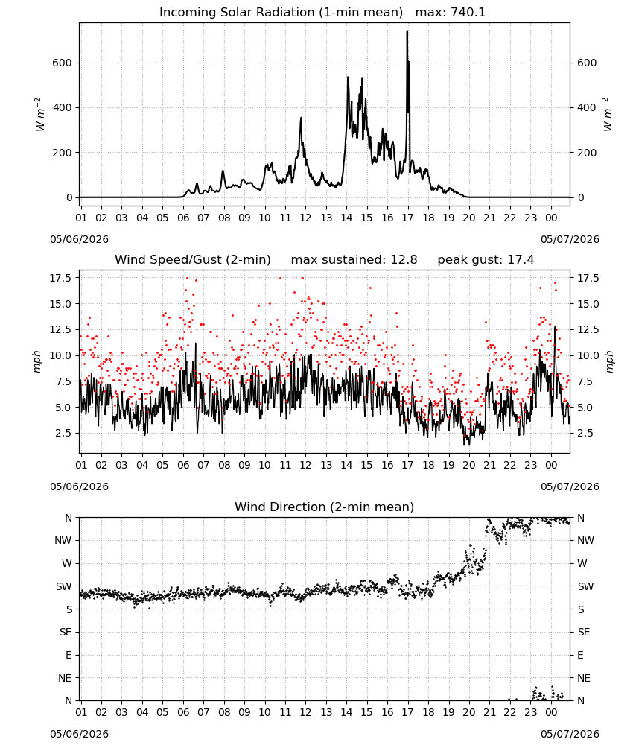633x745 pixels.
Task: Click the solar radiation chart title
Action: coord(322,13)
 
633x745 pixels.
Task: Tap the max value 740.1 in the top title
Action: coord(468,13)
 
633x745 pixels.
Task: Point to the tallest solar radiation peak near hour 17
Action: coord(407,31)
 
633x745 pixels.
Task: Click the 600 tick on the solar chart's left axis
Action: coord(63,63)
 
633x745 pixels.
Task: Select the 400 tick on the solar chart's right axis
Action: coord(587,108)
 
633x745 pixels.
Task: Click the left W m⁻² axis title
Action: coord(40,115)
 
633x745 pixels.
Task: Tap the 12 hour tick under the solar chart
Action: coord(305,218)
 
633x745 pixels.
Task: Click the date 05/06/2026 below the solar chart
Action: coord(79,239)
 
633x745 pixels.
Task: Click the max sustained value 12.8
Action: coord(404,260)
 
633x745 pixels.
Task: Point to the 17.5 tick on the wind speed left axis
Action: coord(60,278)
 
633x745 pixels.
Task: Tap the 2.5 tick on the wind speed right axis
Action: coord(585,434)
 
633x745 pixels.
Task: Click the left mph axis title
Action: coord(37,361)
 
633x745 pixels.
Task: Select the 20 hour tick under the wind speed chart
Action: coord(468,465)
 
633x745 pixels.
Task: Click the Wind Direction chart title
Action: coord(325,507)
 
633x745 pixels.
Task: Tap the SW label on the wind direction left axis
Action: coord(64,587)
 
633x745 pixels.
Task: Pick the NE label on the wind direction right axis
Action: coord(584,679)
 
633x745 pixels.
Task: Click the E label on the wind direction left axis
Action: coord(69,655)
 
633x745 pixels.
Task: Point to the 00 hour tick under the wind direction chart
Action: coord(551,712)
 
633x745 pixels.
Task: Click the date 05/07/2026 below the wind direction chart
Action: coord(570,734)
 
